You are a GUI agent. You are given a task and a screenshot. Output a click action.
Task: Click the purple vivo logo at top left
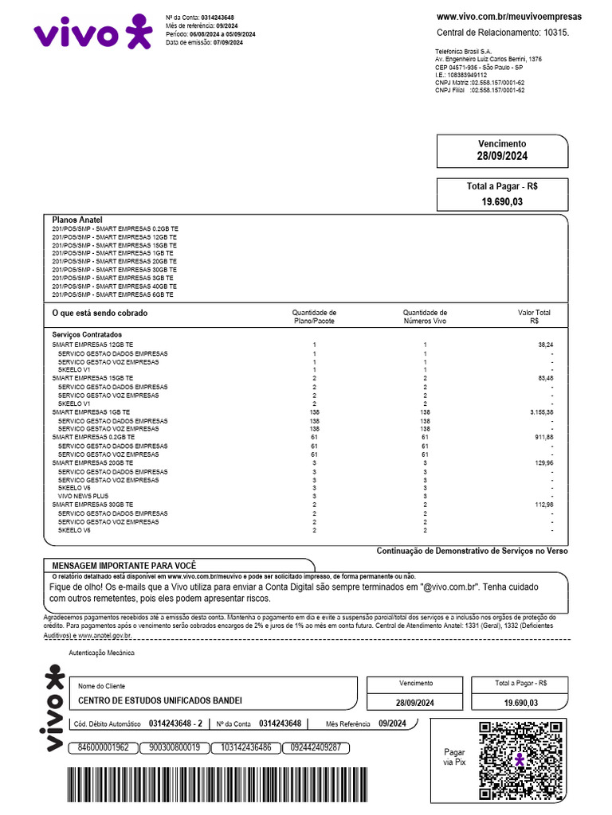(x=92, y=33)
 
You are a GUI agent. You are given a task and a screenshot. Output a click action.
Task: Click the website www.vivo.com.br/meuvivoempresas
(x=509, y=16)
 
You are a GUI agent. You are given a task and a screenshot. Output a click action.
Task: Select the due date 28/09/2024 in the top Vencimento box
(x=502, y=156)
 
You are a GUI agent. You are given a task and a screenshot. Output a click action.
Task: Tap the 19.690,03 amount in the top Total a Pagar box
(x=502, y=202)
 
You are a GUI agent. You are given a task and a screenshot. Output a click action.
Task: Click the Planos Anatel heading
(x=77, y=220)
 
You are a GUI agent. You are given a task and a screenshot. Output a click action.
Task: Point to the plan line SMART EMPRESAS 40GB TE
(x=114, y=286)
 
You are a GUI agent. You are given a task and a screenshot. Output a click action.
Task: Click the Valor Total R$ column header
(x=533, y=317)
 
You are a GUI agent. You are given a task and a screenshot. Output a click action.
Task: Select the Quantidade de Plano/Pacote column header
(x=314, y=317)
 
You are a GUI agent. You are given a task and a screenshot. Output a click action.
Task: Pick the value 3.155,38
(x=539, y=412)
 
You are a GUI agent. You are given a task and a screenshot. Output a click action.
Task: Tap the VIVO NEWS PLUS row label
(x=83, y=496)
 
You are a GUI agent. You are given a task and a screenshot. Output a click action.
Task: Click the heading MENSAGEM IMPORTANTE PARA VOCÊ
(x=124, y=564)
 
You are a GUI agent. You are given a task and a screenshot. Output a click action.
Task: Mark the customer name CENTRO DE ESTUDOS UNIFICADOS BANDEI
(x=159, y=701)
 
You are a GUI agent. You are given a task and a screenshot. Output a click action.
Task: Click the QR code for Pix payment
(x=519, y=760)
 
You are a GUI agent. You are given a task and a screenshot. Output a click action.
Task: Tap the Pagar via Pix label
(x=454, y=757)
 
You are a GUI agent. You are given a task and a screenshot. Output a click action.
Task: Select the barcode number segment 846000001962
(x=103, y=747)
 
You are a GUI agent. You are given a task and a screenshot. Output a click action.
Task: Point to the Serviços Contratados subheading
(x=87, y=335)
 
